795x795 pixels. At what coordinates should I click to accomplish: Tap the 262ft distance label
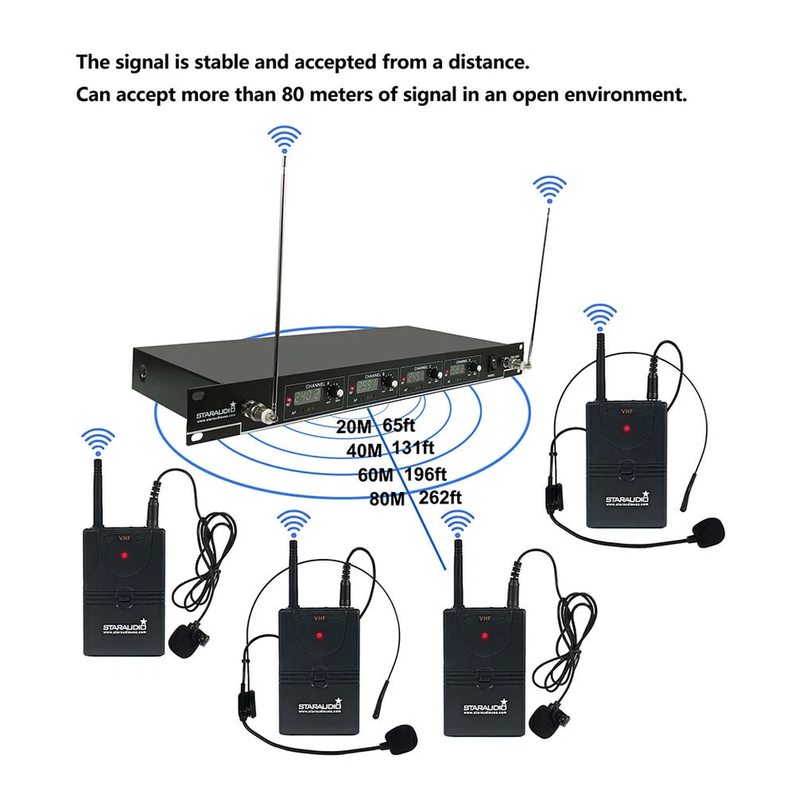click(439, 498)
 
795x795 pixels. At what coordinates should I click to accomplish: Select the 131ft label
click(412, 449)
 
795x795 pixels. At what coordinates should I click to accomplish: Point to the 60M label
click(375, 475)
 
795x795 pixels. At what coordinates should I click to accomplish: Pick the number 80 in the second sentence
click(294, 94)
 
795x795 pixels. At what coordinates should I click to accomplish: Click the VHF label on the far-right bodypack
click(626, 408)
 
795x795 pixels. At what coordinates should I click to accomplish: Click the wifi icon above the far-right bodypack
click(600, 316)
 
